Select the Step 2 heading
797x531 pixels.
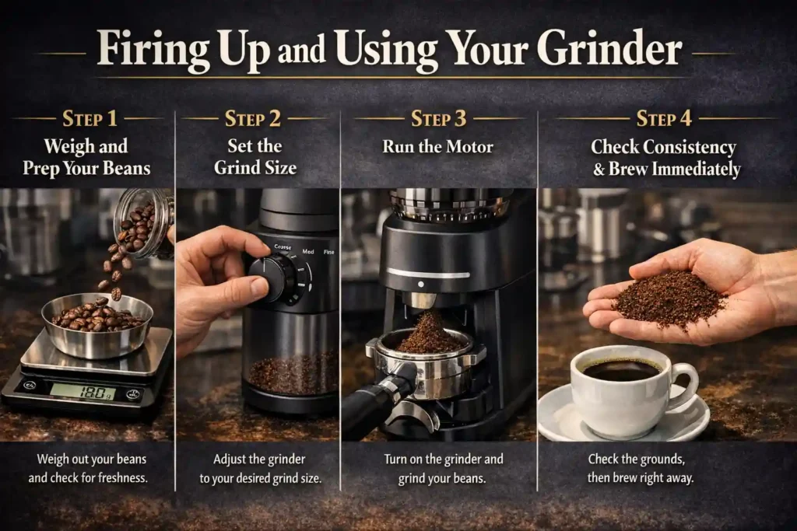point(255,119)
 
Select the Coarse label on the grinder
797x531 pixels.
point(283,246)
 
